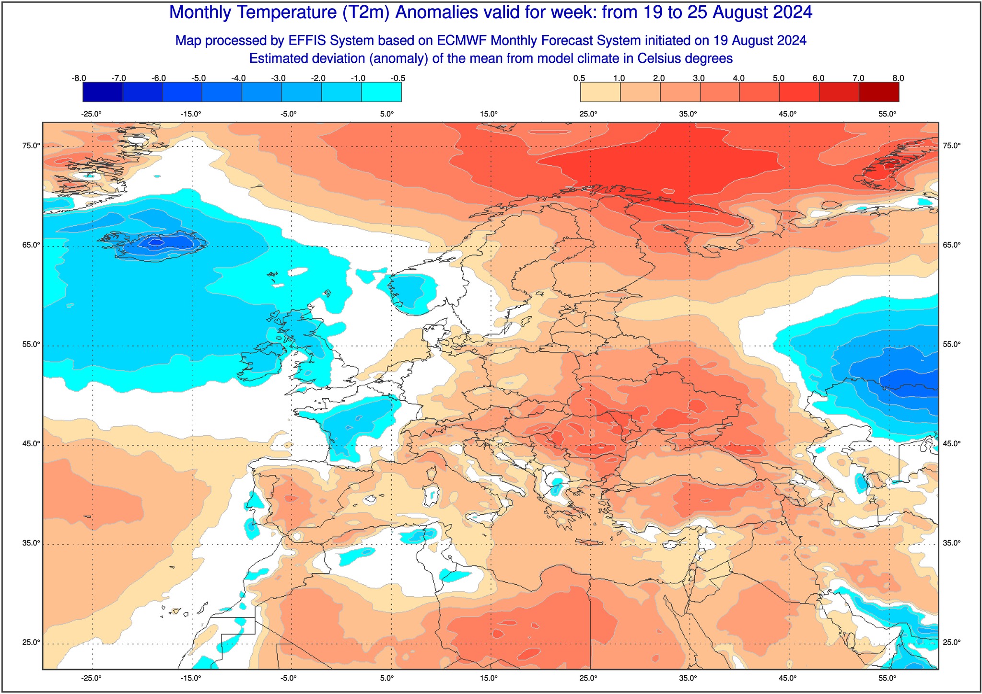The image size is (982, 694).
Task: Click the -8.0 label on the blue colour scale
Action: [x=79, y=78]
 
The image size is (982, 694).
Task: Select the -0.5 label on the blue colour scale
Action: [x=398, y=78]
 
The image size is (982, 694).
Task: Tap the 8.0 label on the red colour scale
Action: [x=899, y=78]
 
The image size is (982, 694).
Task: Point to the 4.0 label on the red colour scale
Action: [x=739, y=78]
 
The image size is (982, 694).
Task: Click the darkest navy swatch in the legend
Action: [x=103, y=93]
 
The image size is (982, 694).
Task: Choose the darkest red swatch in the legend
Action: [x=879, y=93]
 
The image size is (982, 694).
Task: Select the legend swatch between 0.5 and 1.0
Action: [x=600, y=93]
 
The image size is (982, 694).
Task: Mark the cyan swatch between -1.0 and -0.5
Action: [x=381, y=93]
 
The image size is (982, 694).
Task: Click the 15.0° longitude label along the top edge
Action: [x=489, y=114]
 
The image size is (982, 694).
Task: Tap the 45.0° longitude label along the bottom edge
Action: [x=788, y=678]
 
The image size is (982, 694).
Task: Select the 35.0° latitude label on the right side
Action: [x=952, y=543]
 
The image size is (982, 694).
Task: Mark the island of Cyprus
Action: [x=673, y=544]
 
